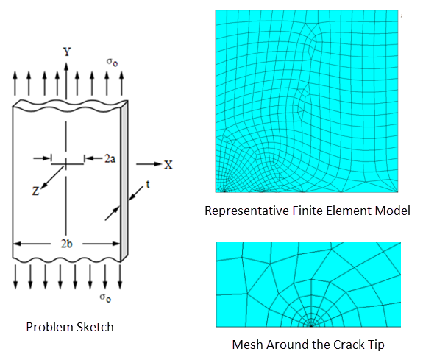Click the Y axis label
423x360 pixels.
tap(67, 52)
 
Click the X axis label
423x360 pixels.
tap(168, 164)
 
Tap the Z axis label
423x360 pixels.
tap(35, 191)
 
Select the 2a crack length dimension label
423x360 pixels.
tap(110, 158)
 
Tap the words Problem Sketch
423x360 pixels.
tap(70, 326)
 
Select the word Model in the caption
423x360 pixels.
tap(393, 212)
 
